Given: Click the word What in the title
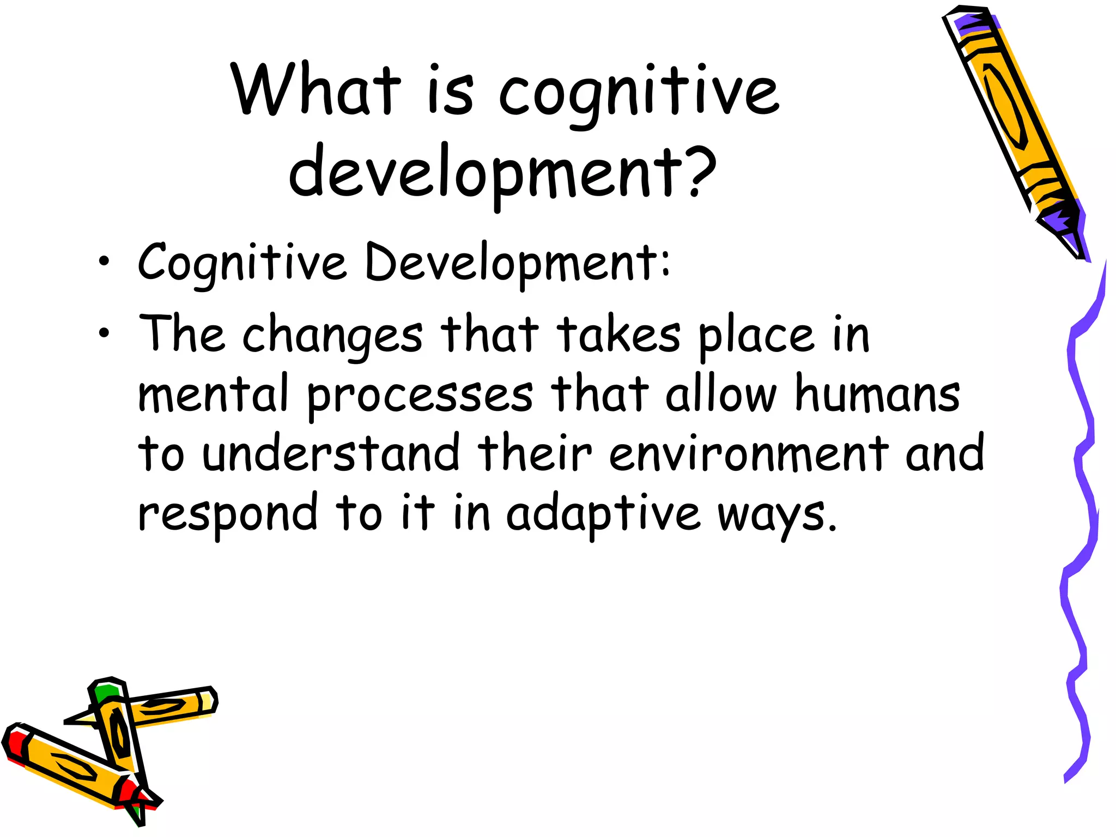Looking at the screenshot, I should point(316,90).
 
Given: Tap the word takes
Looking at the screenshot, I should point(618,333).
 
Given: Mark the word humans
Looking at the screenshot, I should point(877,393).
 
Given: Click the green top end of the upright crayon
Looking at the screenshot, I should point(105,692).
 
